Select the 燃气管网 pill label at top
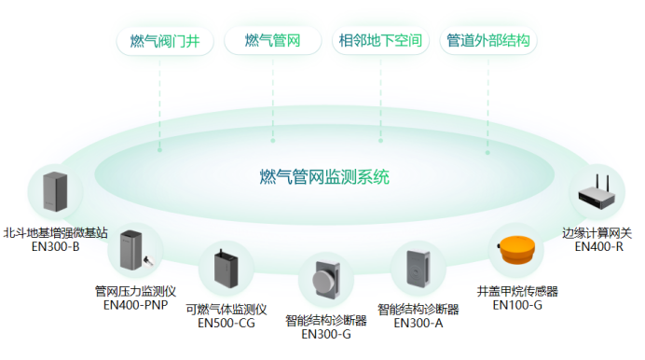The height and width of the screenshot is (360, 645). [272, 41]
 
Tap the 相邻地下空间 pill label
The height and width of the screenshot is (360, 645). [380, 41]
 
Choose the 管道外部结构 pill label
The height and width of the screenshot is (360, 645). [487, 41]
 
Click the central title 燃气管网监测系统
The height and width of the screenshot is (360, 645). [324, 176]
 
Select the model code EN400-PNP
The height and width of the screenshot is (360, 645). [135, 304]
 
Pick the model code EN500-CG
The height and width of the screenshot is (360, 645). [226, 324]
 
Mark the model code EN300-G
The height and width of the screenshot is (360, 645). [325, 335]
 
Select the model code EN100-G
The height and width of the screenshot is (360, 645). [517, 304]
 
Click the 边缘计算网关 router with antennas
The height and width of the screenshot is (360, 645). [597, 193]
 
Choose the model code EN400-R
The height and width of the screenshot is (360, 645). [598, 247]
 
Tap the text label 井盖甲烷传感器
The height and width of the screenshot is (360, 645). [517, 291]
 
